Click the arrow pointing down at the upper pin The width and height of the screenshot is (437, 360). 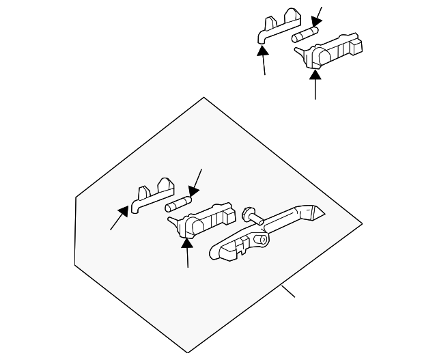[316, 24]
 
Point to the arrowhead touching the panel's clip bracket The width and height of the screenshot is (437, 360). [124, 210]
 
